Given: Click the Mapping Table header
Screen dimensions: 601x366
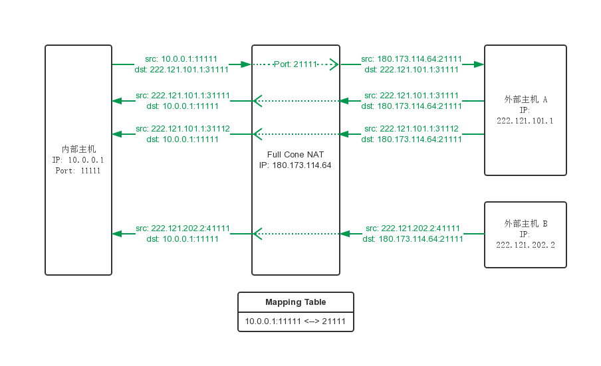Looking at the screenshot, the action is point(296,302).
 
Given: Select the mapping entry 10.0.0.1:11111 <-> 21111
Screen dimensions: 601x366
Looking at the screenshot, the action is point(295,321).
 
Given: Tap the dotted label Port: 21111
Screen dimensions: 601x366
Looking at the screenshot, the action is point(295,64).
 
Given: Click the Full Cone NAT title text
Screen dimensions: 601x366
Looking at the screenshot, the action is point(295,154).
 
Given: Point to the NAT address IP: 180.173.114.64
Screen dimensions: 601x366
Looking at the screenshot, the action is point(295,165).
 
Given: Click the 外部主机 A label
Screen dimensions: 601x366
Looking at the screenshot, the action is point(525,100).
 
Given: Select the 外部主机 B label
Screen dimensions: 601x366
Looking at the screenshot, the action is point(525,224).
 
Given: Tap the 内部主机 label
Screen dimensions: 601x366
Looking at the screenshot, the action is point(78,149).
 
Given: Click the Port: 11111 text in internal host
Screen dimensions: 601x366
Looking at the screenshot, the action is point(78,171).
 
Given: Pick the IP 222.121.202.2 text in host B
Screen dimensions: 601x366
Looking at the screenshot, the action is point(525,245).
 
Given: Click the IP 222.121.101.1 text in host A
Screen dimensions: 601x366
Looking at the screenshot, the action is point(525,121).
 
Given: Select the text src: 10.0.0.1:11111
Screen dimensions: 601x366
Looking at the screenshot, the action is point(181,59).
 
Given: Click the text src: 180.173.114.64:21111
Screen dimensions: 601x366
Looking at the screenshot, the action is point(412,59).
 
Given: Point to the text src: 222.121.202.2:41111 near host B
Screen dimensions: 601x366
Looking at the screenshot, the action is point(412,229).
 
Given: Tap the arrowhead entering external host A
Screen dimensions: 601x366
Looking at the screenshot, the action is point(479,64).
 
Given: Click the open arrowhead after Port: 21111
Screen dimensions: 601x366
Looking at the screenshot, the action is point(334,64).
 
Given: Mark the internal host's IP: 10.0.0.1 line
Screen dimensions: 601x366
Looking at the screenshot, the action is point(78,160).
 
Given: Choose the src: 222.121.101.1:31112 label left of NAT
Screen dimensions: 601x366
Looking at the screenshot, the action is point(182,129).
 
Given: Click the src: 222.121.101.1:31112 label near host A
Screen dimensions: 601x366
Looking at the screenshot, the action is point(412,129).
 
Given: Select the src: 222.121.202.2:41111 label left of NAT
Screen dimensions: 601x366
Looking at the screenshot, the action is point(182,229).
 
